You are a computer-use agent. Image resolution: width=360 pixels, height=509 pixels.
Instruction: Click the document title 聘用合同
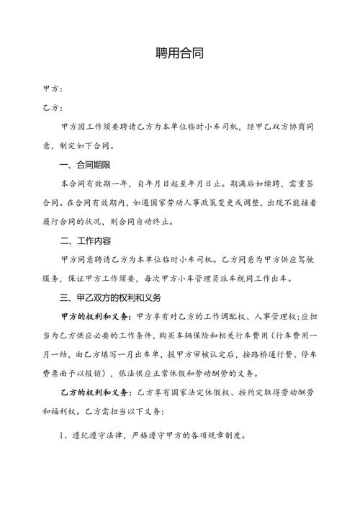click(x=180, y=53)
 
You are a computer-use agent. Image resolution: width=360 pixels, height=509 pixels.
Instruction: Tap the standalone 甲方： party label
click(x=53, y=89)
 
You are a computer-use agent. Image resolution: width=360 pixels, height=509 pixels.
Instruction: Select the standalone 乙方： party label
click(x=53, y=107)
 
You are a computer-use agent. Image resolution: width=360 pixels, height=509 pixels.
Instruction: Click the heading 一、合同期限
click(x=89, y=165)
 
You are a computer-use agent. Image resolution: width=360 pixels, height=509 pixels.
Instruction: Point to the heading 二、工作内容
click(x=89, y=240)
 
